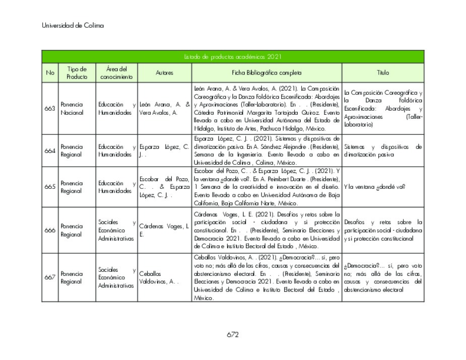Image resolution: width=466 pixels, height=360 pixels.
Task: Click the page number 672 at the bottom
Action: (x=232, y=335)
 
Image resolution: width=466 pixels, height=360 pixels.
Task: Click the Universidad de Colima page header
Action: (x=73, y=26)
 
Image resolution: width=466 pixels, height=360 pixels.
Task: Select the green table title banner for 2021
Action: (x=233, y=57)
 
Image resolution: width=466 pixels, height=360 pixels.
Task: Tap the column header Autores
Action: (x=164, y=73)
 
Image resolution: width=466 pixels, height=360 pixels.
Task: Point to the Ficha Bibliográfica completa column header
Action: (x=267, y=73)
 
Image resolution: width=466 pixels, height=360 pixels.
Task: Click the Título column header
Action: (x=383, y=73)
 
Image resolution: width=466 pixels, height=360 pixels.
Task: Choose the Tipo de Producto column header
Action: (x=77, y=73)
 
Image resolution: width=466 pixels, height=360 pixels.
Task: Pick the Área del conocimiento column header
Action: (x=116, y=73)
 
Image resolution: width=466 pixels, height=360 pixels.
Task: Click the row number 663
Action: (x=50, y=109)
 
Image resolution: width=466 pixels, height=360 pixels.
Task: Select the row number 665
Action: (x=50, y=187)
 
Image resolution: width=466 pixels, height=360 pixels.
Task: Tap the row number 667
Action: (x=50, y=277)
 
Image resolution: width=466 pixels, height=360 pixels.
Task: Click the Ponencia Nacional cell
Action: (x=72, y=109)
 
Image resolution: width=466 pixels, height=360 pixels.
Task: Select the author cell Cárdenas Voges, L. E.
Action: (x=164, y=230)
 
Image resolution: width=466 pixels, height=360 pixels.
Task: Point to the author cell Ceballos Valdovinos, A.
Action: (x=159, y=277)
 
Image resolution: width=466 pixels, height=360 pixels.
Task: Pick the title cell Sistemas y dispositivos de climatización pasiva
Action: (x=383, y=151)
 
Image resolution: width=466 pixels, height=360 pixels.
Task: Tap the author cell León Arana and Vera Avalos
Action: (x=164, y=109)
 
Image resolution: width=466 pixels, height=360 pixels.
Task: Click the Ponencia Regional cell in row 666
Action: (x=72, y=230)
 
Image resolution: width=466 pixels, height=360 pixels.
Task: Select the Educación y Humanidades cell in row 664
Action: (x=116, y=151)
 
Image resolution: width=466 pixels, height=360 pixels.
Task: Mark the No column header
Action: (x=50, y=73)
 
